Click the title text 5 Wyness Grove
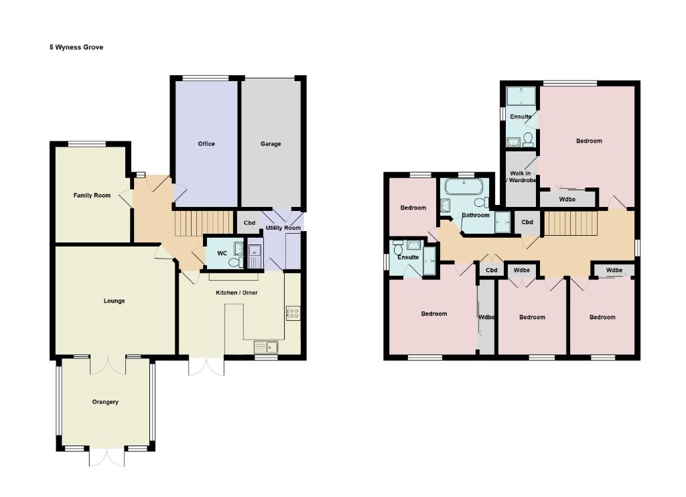pos(76,48)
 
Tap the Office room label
pos(206,143)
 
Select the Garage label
pos(271,143)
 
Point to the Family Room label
pos(92,195)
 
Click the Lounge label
pos(114,301)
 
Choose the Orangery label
pos(105,402)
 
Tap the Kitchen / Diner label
pos(236,292)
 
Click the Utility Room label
pos(283,228)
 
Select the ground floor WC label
pos(222,253)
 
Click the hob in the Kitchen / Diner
pos(293,313)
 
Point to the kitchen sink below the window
pos(266,347)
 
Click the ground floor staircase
pos(204,224)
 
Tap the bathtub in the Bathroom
pos(464,188)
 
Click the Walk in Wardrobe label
pos(521,177)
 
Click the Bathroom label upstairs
pos(476,215)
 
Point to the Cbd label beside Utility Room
pos(249,222)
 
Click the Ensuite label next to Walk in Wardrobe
pos(521,117)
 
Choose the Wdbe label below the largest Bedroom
pos(567,200)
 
